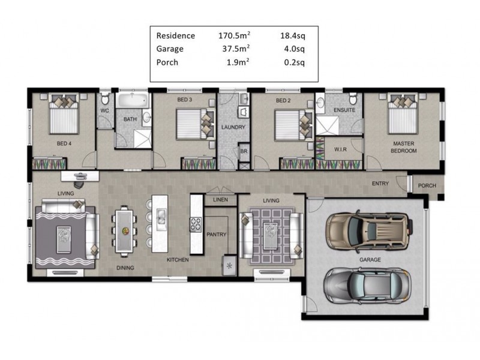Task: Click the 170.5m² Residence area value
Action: tap(234, 36)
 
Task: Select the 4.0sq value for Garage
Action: tap(294, 49)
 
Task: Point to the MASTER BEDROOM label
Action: tap(404, 147)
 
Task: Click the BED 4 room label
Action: tap(64, 143)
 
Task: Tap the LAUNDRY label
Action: tap(232, 127)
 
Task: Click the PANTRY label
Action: tap(215, 234)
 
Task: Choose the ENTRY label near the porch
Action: tap(380, 184)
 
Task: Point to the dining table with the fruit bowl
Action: tap(124, 230)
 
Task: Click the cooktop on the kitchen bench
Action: tap(196, 225)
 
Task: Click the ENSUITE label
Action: tap(344, 110)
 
